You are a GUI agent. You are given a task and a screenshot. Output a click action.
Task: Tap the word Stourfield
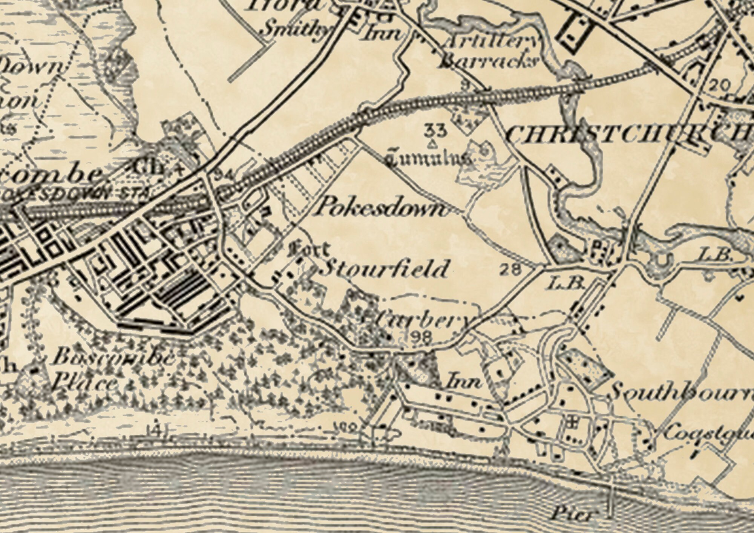386,268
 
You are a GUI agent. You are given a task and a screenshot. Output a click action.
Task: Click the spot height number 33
435,130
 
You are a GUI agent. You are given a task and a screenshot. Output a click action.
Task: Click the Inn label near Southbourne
464,382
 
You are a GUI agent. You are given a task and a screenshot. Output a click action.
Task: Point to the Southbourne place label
679,392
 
